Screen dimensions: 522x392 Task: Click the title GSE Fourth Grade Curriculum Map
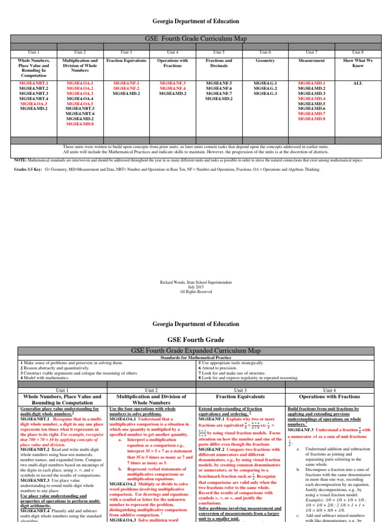point(196,39)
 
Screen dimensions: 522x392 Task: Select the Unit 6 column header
point(265,52)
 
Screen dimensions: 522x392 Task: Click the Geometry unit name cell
point(265,61)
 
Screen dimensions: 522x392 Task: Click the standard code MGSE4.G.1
point(265,83)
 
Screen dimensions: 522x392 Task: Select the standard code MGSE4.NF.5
point(218,83)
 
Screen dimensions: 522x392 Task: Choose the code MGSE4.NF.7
point(218,93)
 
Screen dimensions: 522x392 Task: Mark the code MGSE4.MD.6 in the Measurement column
point(311,109)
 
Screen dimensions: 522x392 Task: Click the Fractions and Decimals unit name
point(218,63)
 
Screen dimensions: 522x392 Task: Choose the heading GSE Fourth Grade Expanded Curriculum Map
point(196,350)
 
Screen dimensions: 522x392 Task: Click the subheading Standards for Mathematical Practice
point(196,358)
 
